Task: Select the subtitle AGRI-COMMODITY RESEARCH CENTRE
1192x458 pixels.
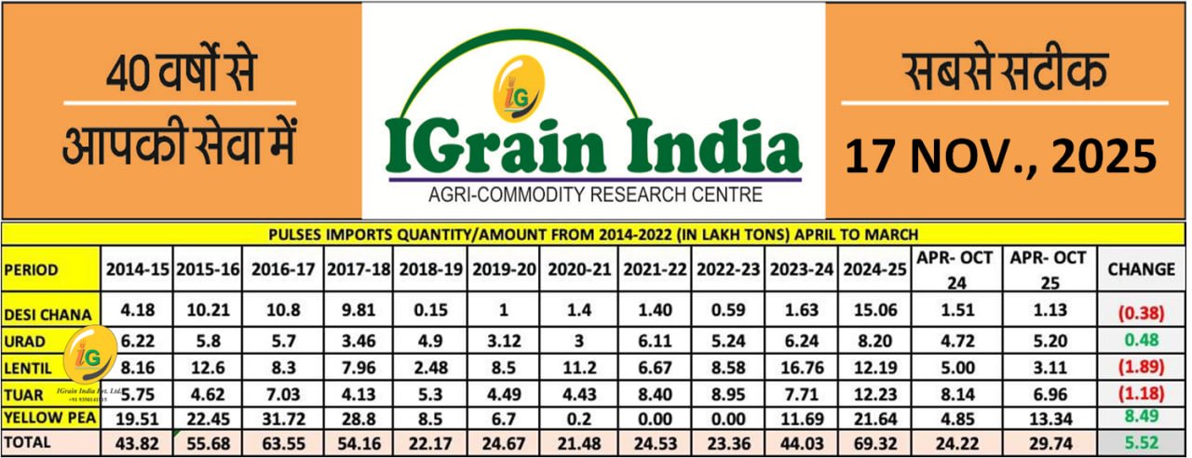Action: tap(594, 195)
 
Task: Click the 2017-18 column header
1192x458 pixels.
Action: tap(359, 269)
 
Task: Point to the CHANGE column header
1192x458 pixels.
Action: tap(1141, 269)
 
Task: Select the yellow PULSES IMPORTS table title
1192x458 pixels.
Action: tap(594, 233)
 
